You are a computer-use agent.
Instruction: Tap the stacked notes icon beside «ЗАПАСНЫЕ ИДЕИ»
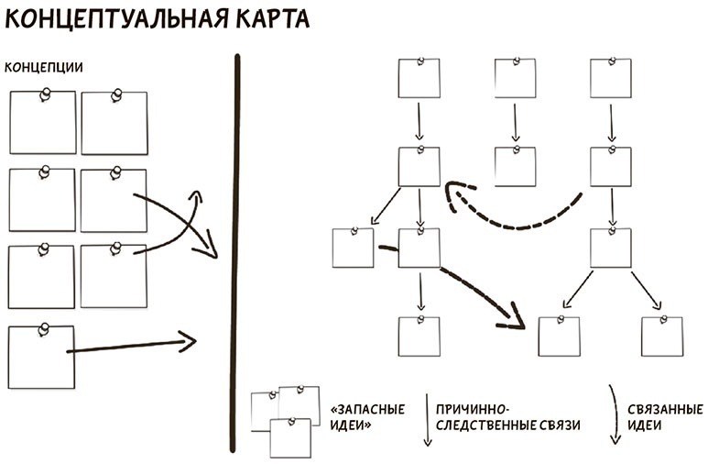(285, 419)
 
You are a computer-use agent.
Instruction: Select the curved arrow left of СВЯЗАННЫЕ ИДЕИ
(615, 414)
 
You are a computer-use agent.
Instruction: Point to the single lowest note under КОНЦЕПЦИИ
(40, 357)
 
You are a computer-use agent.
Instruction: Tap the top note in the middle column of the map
(515, 79)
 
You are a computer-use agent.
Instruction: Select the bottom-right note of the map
(661, 336)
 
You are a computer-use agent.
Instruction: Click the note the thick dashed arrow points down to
(559, 336)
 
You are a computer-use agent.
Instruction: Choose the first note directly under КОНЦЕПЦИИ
(42, 122)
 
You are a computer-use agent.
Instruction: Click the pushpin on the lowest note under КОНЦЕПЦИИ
(42, 327)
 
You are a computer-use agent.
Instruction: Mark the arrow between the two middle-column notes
(515, 121)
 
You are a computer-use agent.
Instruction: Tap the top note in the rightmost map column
(610, 79)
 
